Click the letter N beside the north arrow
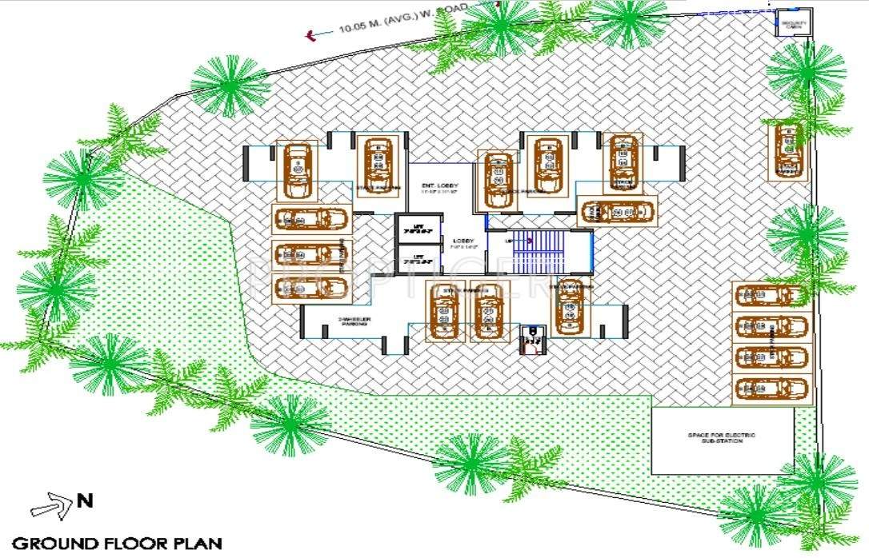[85, 502]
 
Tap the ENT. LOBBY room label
[439, 185]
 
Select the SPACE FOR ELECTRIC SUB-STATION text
[721, 437]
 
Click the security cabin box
[791, 23]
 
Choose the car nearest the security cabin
[788, 149]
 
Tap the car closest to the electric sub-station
[771, 388]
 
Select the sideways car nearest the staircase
[617, 212]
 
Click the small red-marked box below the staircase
[530, 339]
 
